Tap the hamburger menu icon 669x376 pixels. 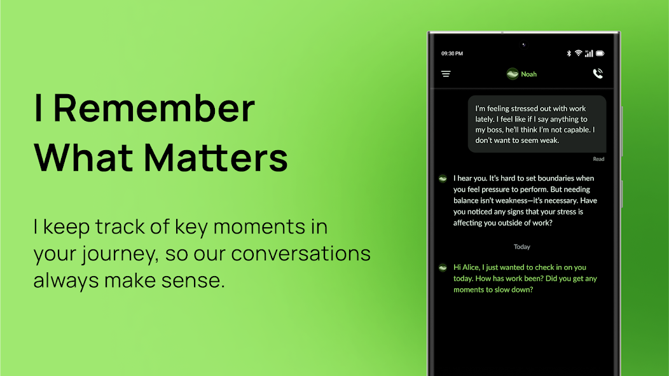point(446,74)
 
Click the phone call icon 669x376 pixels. point(598,73)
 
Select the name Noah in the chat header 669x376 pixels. point(528,74)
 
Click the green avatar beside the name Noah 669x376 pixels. point(513,74)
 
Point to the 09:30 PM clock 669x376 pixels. point(452,53)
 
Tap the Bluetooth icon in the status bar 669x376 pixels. point(569,53)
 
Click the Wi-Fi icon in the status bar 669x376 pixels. point(578,53)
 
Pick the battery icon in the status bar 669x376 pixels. point(600,53)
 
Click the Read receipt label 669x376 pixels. point(598,159)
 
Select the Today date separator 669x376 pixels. point(522,247)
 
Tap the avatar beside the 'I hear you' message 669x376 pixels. point(443,178)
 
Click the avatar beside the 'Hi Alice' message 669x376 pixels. point(443,268)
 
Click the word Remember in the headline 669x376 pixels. point(154,108)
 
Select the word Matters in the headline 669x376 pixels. point(216,158)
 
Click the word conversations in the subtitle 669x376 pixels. point(301,253)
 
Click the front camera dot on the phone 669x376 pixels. point(523,45)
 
